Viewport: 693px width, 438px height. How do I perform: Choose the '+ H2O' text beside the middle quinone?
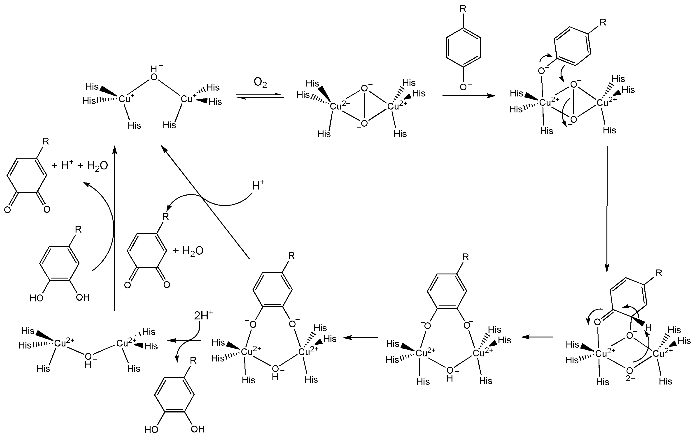(x=188, y=251)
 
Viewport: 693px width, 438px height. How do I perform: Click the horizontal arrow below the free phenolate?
(x=469, y=96)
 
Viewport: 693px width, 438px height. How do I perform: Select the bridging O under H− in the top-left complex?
(x=154, y=77)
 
